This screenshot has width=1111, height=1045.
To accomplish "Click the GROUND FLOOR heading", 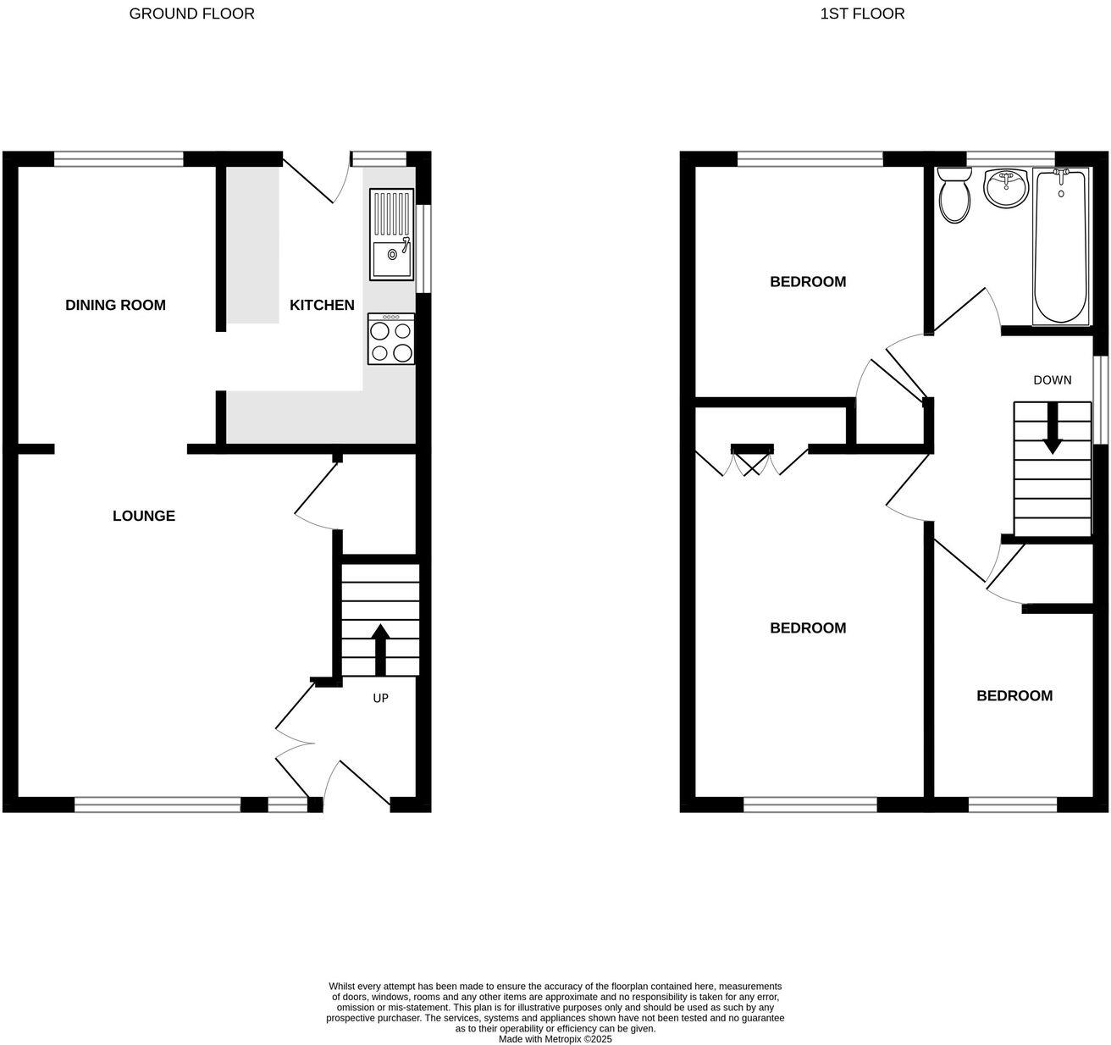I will tap(191, 14).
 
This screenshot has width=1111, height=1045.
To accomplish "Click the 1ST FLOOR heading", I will tap(862, 14).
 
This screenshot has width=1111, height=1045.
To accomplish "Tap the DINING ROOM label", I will tap(115, 305).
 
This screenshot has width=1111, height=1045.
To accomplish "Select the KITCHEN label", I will tap(322, 305).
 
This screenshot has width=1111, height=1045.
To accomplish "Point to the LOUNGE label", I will tap(144, 516).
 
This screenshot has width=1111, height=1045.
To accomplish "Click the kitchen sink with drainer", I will tap(391, 235).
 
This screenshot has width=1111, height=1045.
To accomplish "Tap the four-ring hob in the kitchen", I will tap(391, 340).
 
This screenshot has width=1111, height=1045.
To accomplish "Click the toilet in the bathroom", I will tap(955, 194).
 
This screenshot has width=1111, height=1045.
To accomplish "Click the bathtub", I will tap(1061, 246).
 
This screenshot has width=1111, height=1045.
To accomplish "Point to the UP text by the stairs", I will tap(381, 699).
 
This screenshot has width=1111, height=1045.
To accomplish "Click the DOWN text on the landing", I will tap(1052, 380).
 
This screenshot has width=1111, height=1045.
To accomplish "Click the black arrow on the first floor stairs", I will tap(1052, 429).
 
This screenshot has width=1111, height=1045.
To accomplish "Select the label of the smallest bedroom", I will tap(1014, 696).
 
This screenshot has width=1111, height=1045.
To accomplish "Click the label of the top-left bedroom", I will tap(808, 282).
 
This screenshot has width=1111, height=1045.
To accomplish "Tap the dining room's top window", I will tap(119, 158).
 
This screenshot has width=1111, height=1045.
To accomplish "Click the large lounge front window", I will tap(158, 804).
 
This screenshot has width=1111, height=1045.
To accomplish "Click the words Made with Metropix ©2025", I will tap(555, 1039).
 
